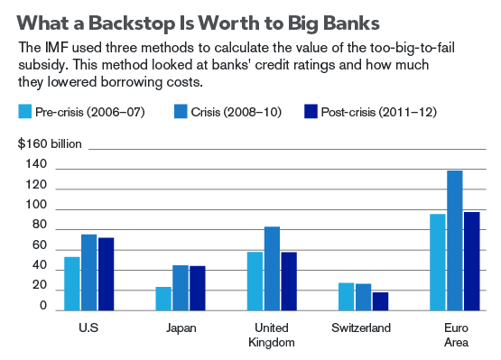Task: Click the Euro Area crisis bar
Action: (455, 241)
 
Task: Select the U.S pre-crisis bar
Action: (72, 283)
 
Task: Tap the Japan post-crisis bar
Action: (198, 288)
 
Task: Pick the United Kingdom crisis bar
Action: (272, 268)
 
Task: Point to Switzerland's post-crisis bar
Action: (381, 301)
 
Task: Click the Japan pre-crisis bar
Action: (163, 299)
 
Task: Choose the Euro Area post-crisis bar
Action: (472, 262)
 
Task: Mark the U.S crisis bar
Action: (89, 272)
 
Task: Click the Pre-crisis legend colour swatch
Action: (25, 112)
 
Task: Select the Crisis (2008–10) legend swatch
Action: (181, 112)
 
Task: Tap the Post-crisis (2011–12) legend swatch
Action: (311, 112)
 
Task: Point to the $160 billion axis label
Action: (50, 143)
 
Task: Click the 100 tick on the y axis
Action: (36, 205)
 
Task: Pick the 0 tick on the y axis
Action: (43, 306)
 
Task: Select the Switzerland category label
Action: (361, 328)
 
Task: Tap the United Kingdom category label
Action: (272, 335)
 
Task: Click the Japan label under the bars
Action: (181, 328)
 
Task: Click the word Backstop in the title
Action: (132, 23)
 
